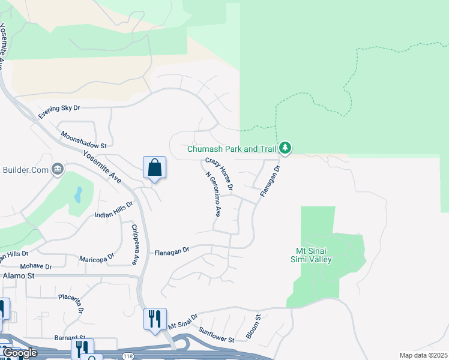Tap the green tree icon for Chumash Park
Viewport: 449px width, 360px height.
(x=285, y=148)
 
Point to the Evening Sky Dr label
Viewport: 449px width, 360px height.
(x=59, y=112)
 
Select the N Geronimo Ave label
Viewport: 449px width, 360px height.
(x=213, y=195)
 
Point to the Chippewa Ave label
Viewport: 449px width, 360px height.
(x=135, y=245)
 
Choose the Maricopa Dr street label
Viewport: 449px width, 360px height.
(x=97, y=258)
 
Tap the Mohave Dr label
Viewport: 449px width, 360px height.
(x=36, y=266)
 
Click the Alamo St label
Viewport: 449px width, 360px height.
(x=19, y=275)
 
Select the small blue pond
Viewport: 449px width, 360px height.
(x=78, y=194)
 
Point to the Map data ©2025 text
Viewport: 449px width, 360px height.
(x=424, y=355)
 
